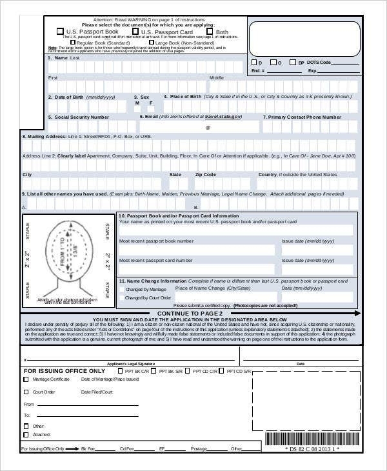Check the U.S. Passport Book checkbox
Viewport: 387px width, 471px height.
60,31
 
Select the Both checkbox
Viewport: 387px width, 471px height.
210,31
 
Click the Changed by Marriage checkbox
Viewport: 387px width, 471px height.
122,290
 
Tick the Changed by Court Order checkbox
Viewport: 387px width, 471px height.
122,298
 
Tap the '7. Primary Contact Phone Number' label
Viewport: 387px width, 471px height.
302,117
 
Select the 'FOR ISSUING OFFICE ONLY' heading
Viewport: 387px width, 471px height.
64,371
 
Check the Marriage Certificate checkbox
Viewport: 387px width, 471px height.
26,380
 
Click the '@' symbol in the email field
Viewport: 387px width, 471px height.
208,128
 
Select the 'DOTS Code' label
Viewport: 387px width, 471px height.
319,62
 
